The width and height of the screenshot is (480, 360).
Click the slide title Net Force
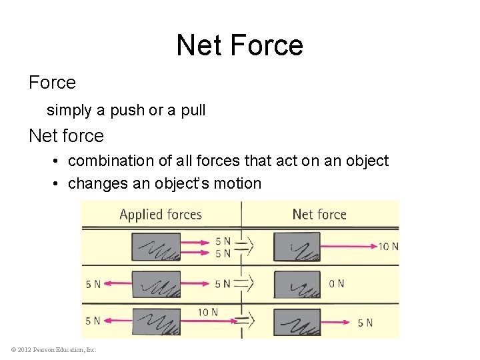239,45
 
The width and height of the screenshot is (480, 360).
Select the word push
128,110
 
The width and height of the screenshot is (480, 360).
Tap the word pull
193,110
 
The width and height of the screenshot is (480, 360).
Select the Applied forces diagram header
160,214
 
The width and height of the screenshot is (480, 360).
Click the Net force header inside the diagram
319,214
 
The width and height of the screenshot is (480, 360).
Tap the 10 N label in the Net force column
388,247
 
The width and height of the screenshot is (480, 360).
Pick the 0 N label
337,284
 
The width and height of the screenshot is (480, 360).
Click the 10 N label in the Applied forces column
208,311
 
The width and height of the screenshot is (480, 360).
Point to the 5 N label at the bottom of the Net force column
365,323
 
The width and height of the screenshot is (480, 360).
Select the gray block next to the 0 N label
297,284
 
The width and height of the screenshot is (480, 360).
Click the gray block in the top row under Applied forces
155,247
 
